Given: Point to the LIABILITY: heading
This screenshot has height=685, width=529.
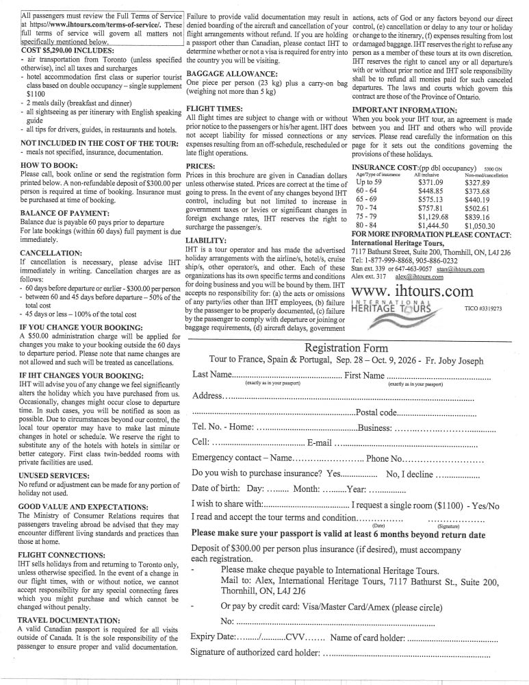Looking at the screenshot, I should coord(206,240).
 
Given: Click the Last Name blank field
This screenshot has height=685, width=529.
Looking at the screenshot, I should coord(287,376).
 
